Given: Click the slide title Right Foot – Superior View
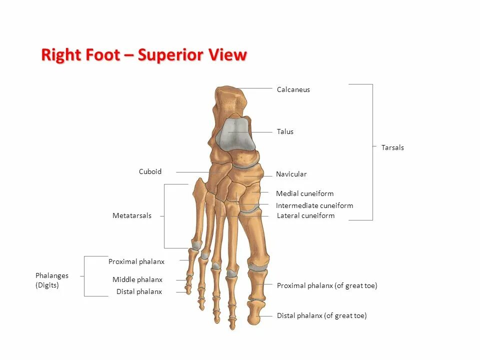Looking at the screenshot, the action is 144,55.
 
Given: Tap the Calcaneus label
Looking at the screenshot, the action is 293,90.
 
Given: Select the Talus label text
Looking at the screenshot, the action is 285,132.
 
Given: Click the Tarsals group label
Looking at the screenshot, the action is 392,148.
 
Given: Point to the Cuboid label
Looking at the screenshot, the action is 150,172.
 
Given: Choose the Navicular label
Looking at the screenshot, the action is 291,174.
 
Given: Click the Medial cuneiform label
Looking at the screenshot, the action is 304,194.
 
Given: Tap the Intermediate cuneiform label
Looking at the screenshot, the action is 314,206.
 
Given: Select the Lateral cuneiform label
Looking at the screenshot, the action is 305,216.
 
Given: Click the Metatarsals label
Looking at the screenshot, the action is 131,216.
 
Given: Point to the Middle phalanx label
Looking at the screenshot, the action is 137,280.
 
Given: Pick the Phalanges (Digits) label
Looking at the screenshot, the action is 51,280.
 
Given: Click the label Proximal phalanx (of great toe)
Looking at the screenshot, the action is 326,286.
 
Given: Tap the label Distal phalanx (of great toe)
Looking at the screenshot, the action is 321,316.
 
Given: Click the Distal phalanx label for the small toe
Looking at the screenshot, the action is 139,292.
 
